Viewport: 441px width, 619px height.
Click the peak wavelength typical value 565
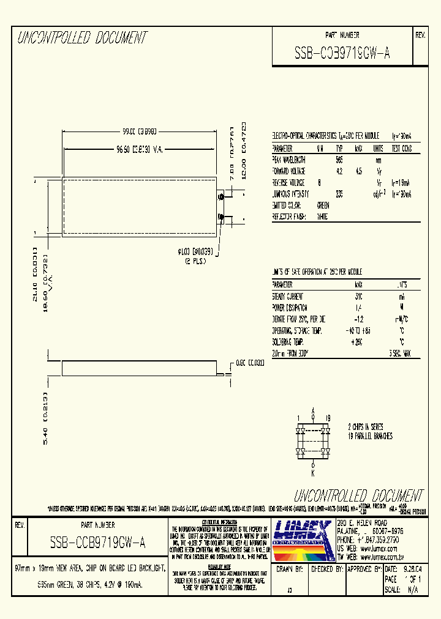(339, 160)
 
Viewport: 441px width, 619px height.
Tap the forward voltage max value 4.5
(359, 171)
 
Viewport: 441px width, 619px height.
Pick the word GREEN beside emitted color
(323, 206)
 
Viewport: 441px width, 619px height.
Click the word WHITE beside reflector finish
(322, 217)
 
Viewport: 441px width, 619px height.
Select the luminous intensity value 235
(339, 194)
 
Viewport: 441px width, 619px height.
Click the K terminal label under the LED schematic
(312, 472)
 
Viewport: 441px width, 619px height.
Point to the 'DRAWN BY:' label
(291, 569)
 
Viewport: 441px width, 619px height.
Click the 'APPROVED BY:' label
(359, 569)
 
